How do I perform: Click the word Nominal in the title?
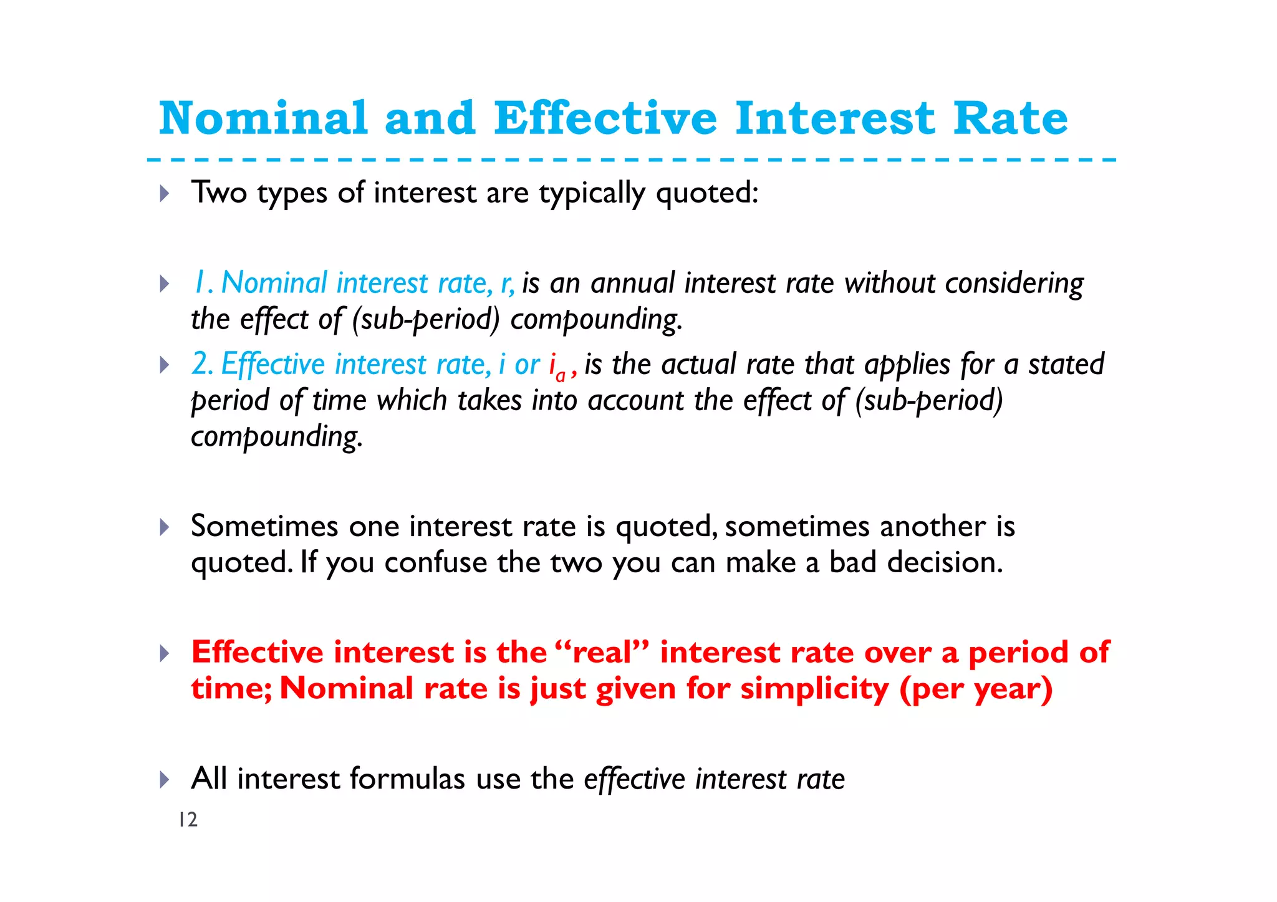point(263,118)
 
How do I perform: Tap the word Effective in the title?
point(605,118)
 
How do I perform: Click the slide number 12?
point(188,820)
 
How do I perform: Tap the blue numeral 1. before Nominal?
point(203,283)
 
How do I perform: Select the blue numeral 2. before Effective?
point(203,364)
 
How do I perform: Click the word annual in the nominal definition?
point(632,284)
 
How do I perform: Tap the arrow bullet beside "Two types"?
point(165,193)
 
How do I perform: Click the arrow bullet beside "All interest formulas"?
point(165,779)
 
